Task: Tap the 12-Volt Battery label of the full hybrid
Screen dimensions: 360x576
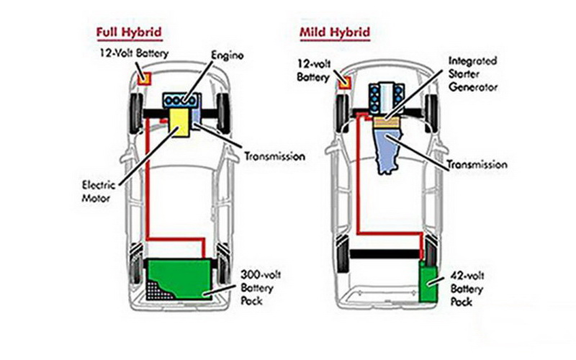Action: [132, 54]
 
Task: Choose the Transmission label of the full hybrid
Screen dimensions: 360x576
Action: [274, 156]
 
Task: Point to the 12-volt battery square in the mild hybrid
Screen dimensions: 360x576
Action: [344, 80]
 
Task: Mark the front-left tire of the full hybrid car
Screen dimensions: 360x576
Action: [135, 112]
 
